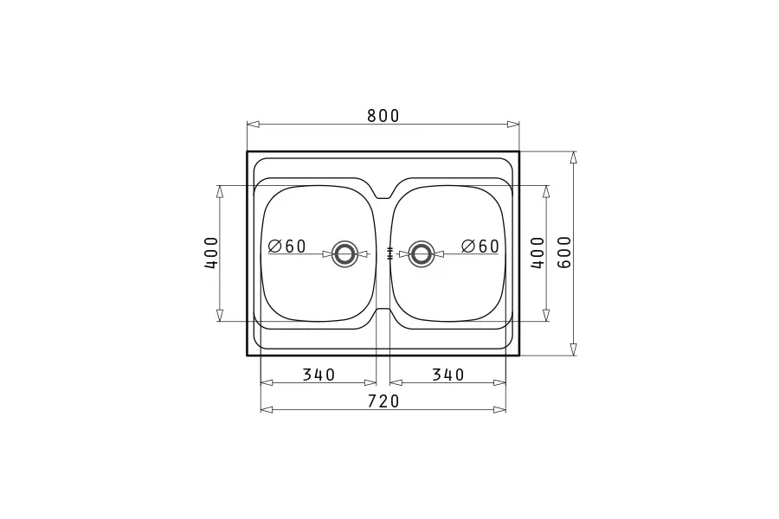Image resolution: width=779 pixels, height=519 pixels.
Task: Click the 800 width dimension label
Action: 383,116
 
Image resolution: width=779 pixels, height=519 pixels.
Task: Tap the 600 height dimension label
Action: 565,253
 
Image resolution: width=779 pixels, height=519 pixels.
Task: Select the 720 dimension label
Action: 383,401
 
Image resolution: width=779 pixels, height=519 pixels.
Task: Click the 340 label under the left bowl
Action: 319,375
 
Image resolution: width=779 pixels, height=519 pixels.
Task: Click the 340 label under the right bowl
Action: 447,375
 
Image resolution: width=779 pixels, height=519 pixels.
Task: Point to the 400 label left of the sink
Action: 212,253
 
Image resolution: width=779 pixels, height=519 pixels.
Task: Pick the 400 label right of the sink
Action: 538,253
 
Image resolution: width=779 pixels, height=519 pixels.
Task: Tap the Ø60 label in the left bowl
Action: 286,246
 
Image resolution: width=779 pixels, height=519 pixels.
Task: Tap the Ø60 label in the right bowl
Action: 480,246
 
